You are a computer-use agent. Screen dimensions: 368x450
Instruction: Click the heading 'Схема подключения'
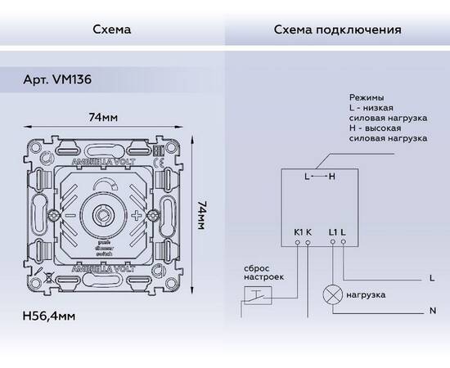(337, 30)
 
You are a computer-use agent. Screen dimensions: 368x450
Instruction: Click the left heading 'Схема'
(112, 30)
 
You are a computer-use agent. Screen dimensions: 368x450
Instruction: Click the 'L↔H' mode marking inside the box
(319, 177)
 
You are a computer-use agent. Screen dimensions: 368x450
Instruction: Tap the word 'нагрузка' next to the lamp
(366, 294)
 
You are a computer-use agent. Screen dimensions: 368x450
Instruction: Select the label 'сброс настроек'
(261, 272)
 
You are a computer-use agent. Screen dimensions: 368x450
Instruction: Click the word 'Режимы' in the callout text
(366, 97)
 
